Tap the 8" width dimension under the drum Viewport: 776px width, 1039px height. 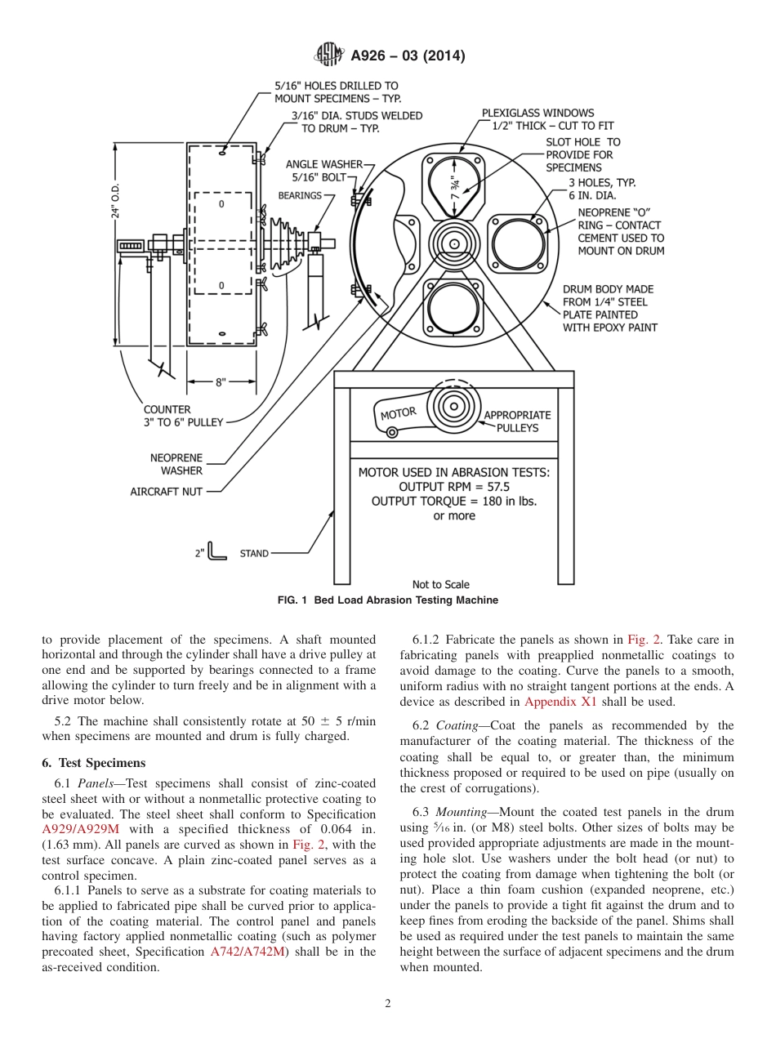pyautogui.click(x=221, y=381)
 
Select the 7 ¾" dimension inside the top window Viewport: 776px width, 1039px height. pyautogui.click(x=455, y=187)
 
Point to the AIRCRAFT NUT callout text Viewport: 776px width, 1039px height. pyautogui.click(x=166, y=492)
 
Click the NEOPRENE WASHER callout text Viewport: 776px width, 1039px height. pyautogui.click(x=176, y=464)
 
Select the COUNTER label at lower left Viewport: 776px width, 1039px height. pyautogui.click(x=167, y=409)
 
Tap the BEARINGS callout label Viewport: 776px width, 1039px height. pyautogui.click(x=300, y=196)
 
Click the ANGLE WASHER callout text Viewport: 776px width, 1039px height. pyautogui.click(x=323, y=164)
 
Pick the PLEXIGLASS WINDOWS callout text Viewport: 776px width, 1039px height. pyautogui.click(x=537, y=113)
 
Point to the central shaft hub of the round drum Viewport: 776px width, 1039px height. pyautogui.click(x=452, y=243)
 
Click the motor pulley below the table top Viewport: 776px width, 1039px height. pyautogui.click(x=452, y=405)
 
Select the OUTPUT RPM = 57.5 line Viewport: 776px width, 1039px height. pyautogui.click(x=454, y=487)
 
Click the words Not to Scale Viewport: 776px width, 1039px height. pyautogui.click(x=441, y=584)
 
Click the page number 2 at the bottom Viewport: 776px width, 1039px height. pyautogui.click(x=388, y=1004)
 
